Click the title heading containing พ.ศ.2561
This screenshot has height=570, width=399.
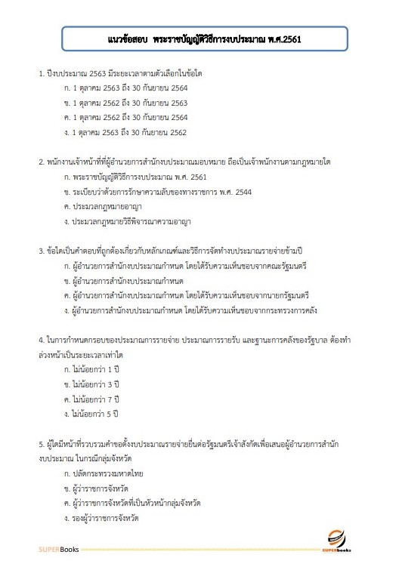pos(199,39)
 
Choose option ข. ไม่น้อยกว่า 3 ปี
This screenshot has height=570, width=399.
pos(93,384)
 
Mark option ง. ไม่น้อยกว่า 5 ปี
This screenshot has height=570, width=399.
pos(93,413)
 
